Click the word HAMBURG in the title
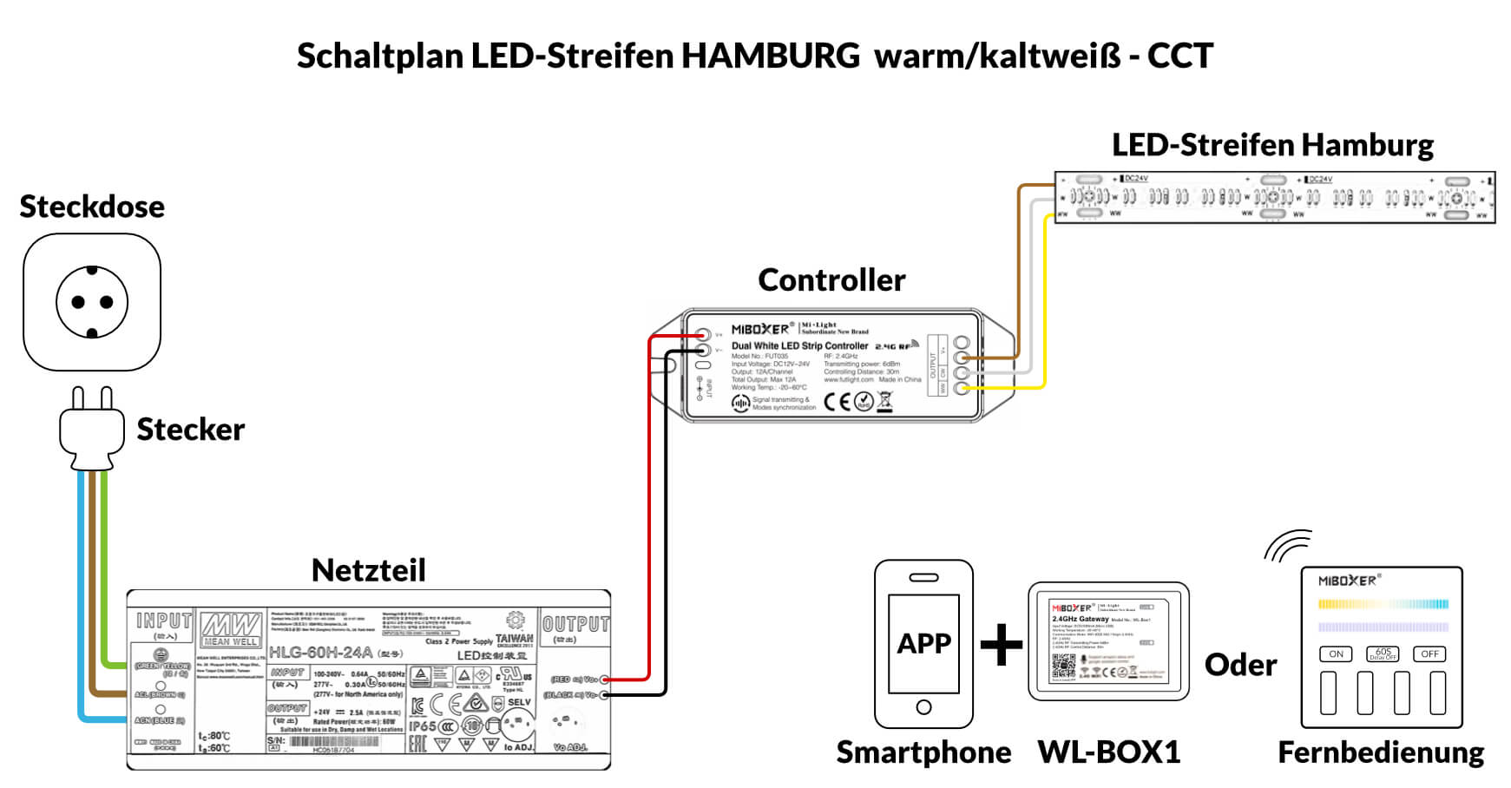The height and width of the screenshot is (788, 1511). point(770,56)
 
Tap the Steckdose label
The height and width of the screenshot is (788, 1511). point(92,207)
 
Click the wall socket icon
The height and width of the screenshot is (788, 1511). point(92,302)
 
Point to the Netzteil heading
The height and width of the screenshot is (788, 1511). point(369,570)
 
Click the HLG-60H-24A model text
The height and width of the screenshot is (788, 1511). point(320,653)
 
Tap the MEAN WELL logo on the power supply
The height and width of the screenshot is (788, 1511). point(231,628)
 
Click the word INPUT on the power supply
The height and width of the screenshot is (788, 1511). point(163,621)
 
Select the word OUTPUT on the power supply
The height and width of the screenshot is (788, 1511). point(575,624)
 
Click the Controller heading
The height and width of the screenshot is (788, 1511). point(831,280)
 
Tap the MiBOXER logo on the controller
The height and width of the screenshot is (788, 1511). point(760,329)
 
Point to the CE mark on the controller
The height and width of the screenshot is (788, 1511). point(837,401)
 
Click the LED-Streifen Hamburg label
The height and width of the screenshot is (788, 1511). point(1272,145)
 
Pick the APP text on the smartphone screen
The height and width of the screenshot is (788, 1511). point(923,644)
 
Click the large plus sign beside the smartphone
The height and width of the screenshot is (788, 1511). point(1002,645)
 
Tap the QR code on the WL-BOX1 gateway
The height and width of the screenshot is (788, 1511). point(1063,665)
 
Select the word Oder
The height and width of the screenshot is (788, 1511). point(1240,666)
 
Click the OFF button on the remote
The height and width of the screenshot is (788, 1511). point(1429,653)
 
